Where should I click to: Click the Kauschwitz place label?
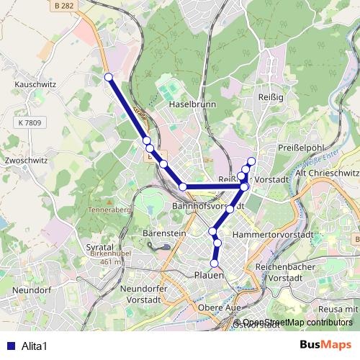pyautogui.click(x=30, y=84)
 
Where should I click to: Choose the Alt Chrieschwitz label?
pyautogui.click(x=328, y=173)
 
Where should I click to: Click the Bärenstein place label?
pyautogui.click(x=164, y=234)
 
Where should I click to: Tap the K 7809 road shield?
pyautogui.click(x=27, y=123)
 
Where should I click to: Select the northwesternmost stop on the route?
pyautogui.click(x=108, y=77)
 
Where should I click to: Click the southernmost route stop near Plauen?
pyautogui.click(x=214, y=264)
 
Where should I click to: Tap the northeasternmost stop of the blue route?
pyautogui.click(x=251, y=161)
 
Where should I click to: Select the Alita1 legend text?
pyautogui.click(x=34, y=345)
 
